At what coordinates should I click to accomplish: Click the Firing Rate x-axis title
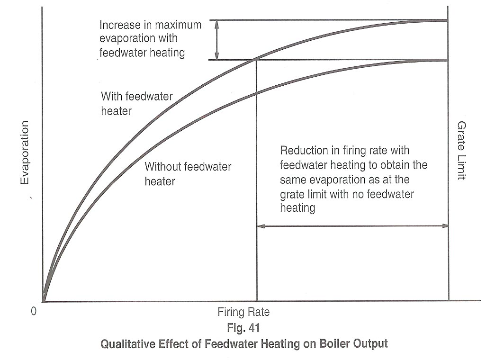(x=243, y=313)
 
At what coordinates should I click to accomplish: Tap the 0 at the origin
(x=33, y=311)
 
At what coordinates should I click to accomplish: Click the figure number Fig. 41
(x=243, y=328)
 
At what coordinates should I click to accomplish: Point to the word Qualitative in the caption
(x=125, y=343)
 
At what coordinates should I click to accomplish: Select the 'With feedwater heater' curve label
(x=136, y=104)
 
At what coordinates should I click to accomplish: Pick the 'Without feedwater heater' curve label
(x=188, y=174)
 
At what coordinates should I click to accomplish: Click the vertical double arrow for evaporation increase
(x=217, y=40)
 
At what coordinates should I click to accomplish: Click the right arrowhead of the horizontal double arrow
(x=445, y=226)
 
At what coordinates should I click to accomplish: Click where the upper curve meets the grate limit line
(x=448, y=20)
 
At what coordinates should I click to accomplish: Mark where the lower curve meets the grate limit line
(x=448, y=60)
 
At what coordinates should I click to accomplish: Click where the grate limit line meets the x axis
(x=448, y=301)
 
